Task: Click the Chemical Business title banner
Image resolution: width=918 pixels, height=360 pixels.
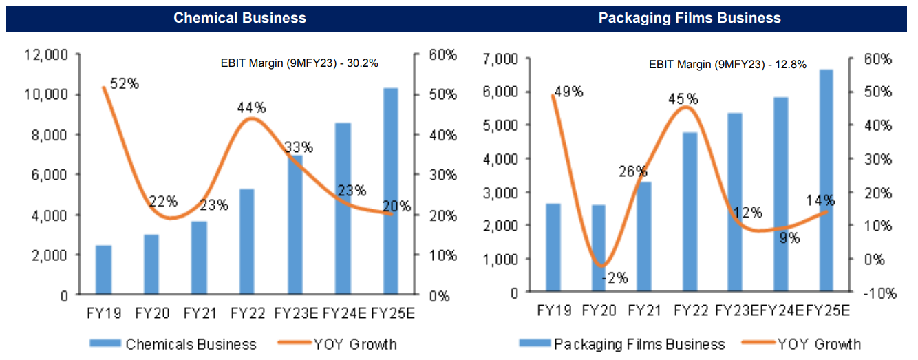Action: point(239,18)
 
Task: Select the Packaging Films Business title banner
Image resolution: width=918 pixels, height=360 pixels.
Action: point(690,18)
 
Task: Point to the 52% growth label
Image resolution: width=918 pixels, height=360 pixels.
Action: point(125,84)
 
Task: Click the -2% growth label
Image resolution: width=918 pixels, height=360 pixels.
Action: point(614,278)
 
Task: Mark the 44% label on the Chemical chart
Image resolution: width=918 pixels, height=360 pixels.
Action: point(251,107)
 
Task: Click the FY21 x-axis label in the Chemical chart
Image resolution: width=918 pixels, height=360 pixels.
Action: point(200,314)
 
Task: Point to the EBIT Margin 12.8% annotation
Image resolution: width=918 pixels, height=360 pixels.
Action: point(727,65)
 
